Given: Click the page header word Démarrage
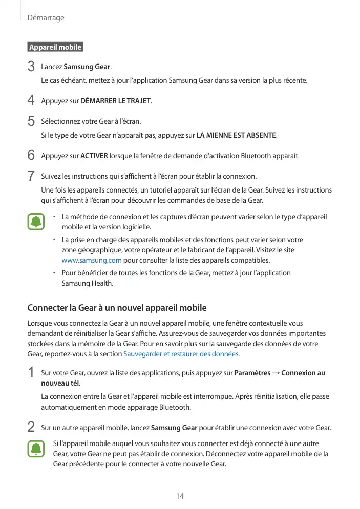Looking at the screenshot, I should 46,18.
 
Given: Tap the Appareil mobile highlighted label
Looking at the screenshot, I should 55,47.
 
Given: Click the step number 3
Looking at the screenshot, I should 31,67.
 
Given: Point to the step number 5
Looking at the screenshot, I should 31,121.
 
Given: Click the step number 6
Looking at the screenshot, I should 31,155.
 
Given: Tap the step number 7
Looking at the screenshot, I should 31,177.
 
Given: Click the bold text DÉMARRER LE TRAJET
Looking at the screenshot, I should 116,101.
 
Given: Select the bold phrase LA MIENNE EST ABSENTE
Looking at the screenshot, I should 236,136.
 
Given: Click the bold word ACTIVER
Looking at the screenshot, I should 94,155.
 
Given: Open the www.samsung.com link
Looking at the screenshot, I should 88,260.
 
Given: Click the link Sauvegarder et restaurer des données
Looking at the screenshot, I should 181,354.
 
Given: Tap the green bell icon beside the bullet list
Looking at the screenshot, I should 36,222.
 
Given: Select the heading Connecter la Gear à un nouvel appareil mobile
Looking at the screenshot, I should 117,308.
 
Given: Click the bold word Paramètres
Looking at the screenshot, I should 252,373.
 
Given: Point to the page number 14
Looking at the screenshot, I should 180,496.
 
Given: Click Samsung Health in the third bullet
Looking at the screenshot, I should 87,283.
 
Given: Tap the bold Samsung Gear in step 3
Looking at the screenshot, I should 91,67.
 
